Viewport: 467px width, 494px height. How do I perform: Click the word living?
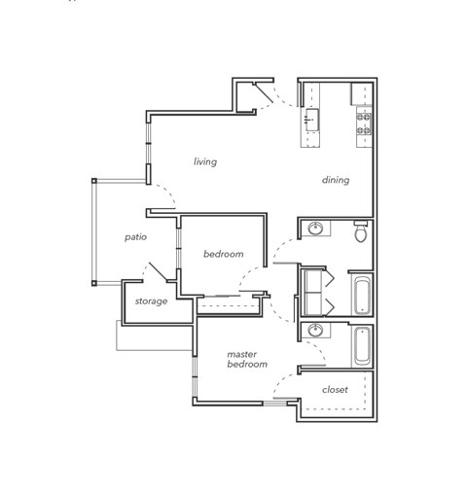click(204, 161)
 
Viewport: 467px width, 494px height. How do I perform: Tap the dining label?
click(336, 180)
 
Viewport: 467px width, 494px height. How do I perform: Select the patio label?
click(135, 236)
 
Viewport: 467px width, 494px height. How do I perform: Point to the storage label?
click(151, 301)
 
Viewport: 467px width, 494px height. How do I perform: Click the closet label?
click(335, 390)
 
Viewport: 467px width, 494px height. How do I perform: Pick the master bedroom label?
click(247, 359)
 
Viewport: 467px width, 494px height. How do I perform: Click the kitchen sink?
click(312, 123)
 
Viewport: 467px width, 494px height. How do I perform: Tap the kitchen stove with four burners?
click(363, 123)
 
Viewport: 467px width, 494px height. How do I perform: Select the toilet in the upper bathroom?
click(360, 231)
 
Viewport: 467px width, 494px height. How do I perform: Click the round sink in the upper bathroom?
click(316, 229)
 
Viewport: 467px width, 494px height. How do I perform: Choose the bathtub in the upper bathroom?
click(361, 295)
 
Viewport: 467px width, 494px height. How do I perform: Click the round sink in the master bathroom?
click(315, 332)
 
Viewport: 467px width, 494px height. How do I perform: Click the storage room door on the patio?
click(156, 269)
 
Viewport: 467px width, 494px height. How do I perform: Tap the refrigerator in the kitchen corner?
click(362, 93)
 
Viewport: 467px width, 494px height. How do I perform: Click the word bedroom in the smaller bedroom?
click(223, 254)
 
